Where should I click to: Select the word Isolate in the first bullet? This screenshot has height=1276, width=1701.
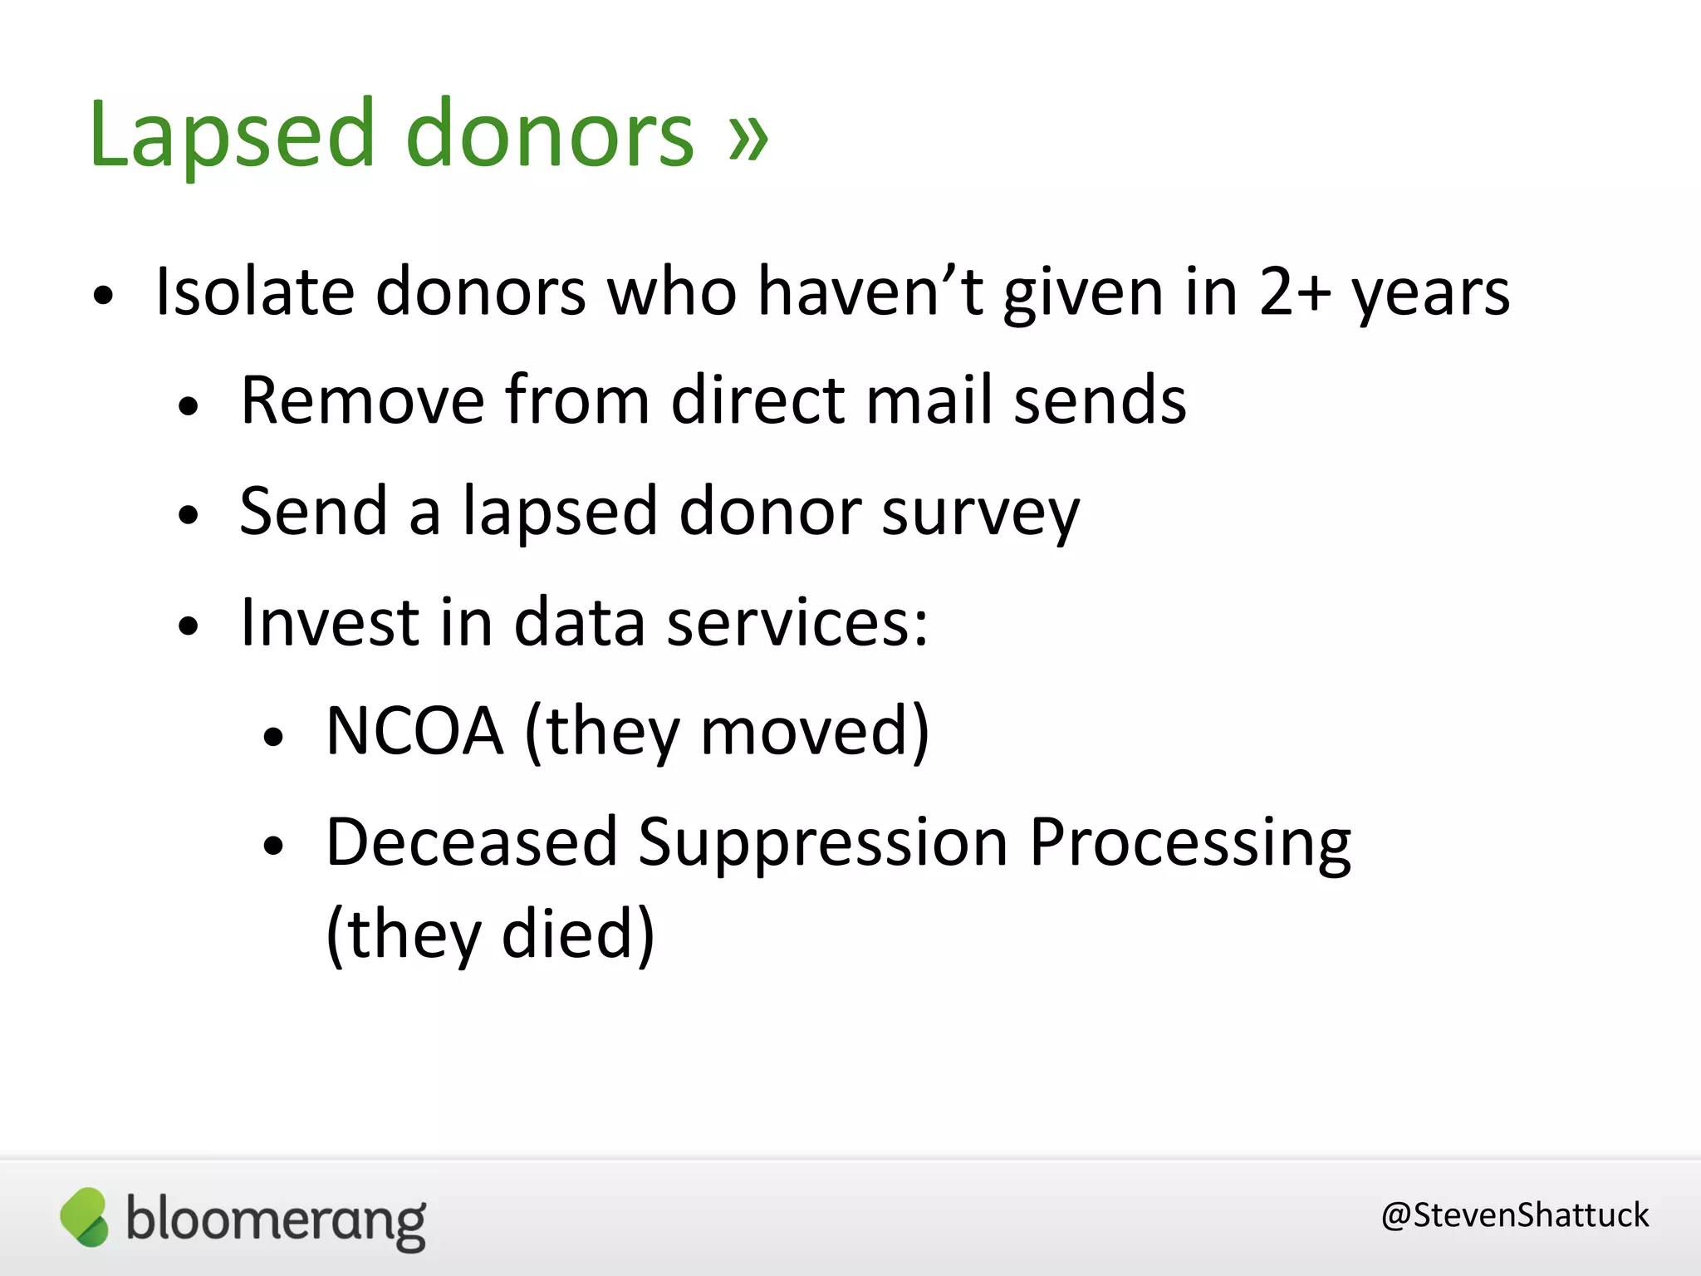tap(255, 292)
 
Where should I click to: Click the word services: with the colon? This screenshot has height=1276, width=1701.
tap(797, 622)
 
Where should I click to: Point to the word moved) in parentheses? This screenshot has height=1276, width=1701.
tap(815, 731)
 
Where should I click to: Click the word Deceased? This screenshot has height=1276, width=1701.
tap(471, 842)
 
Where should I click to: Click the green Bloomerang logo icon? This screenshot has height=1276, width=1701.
tap(85, 1217)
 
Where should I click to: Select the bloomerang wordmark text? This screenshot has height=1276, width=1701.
tap(276, 1220)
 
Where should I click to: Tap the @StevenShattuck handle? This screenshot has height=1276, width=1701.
tap(1514, 1215)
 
